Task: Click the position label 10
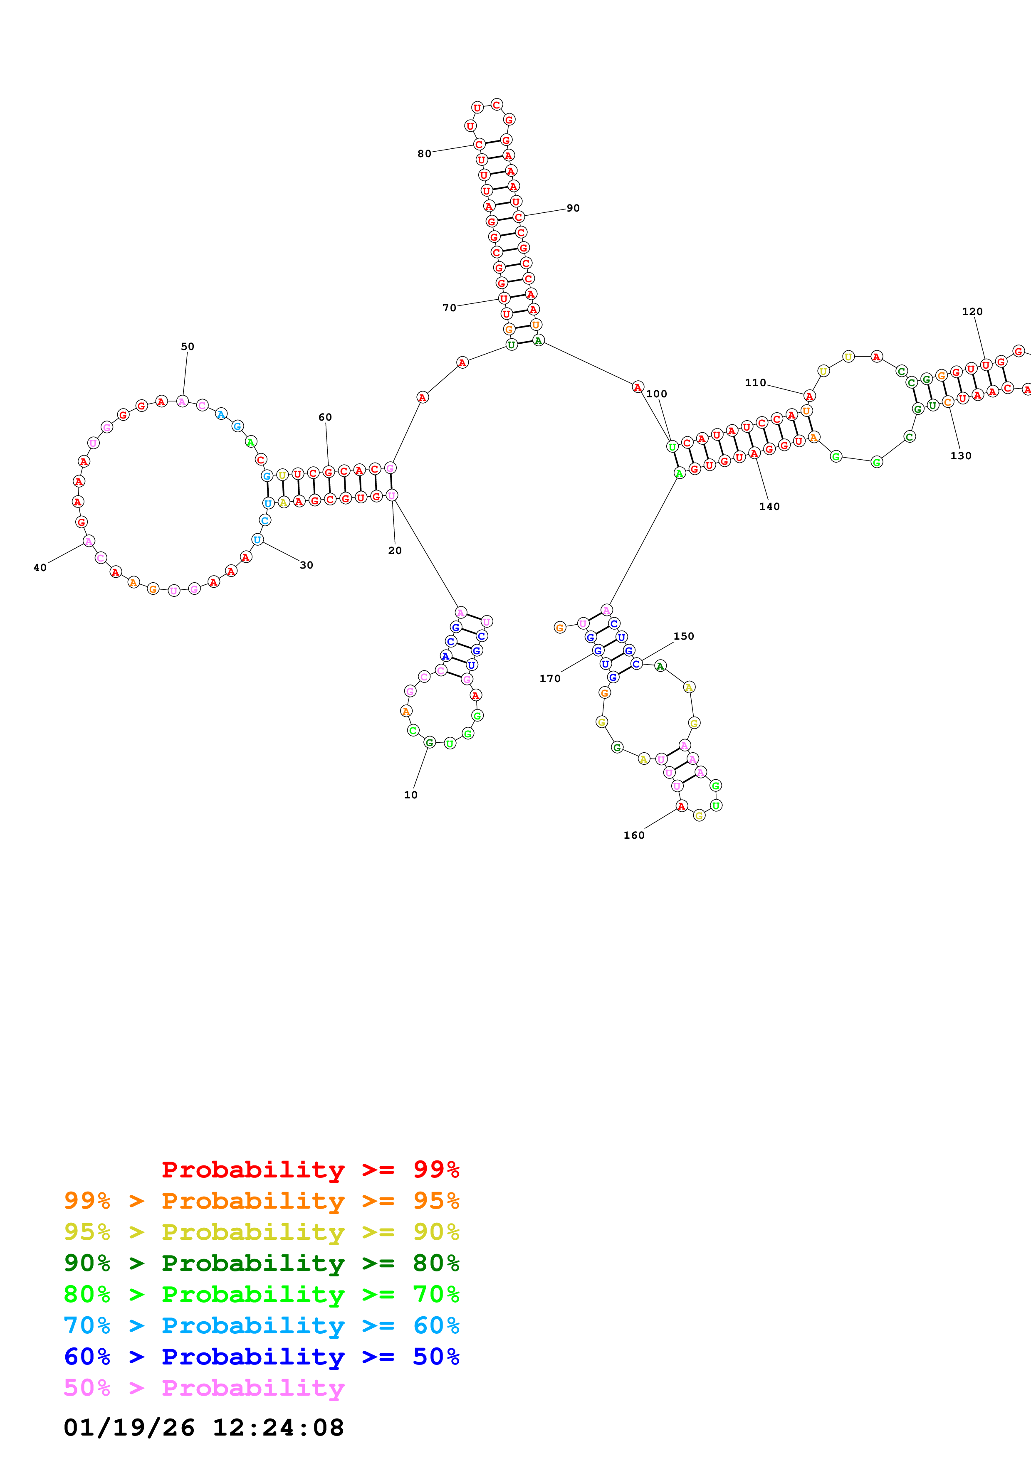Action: (x=410, y=794)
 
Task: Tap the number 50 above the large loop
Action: (x=188, y=346)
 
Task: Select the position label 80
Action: (x=424, y=154)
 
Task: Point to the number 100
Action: (x=656, y=394)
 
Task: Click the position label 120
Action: (x=972, y=311)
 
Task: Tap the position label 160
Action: (x=633, y=835)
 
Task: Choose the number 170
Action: (x=549, y=678)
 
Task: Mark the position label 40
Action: (x=40, y=568)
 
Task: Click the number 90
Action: (x=573, y=208)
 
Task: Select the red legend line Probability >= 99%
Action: (x=310, y=1169)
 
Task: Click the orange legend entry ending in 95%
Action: (x=261, y=1201)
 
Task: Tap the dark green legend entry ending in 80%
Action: (x=261, y=1263)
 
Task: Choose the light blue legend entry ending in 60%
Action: (x=261, y=1325)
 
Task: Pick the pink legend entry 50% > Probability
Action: (x=203, y=1387)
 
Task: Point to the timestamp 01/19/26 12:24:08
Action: (x=203, y=1427)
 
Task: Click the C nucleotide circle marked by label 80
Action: (x=479, y=144)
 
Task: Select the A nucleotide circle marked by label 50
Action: (x=182, y=401)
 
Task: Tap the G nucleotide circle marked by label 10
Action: (x=430, y=742)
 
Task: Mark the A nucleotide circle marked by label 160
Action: (x=681, y=806)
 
